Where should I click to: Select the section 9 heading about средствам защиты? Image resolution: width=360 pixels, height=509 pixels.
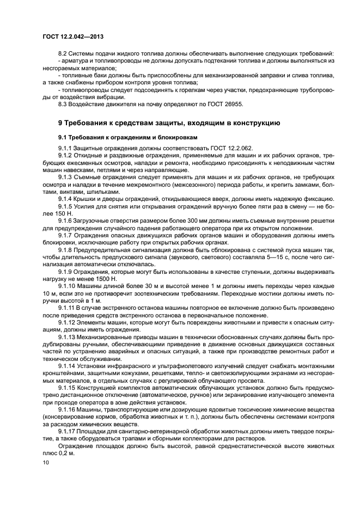click(x=169, y=122)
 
